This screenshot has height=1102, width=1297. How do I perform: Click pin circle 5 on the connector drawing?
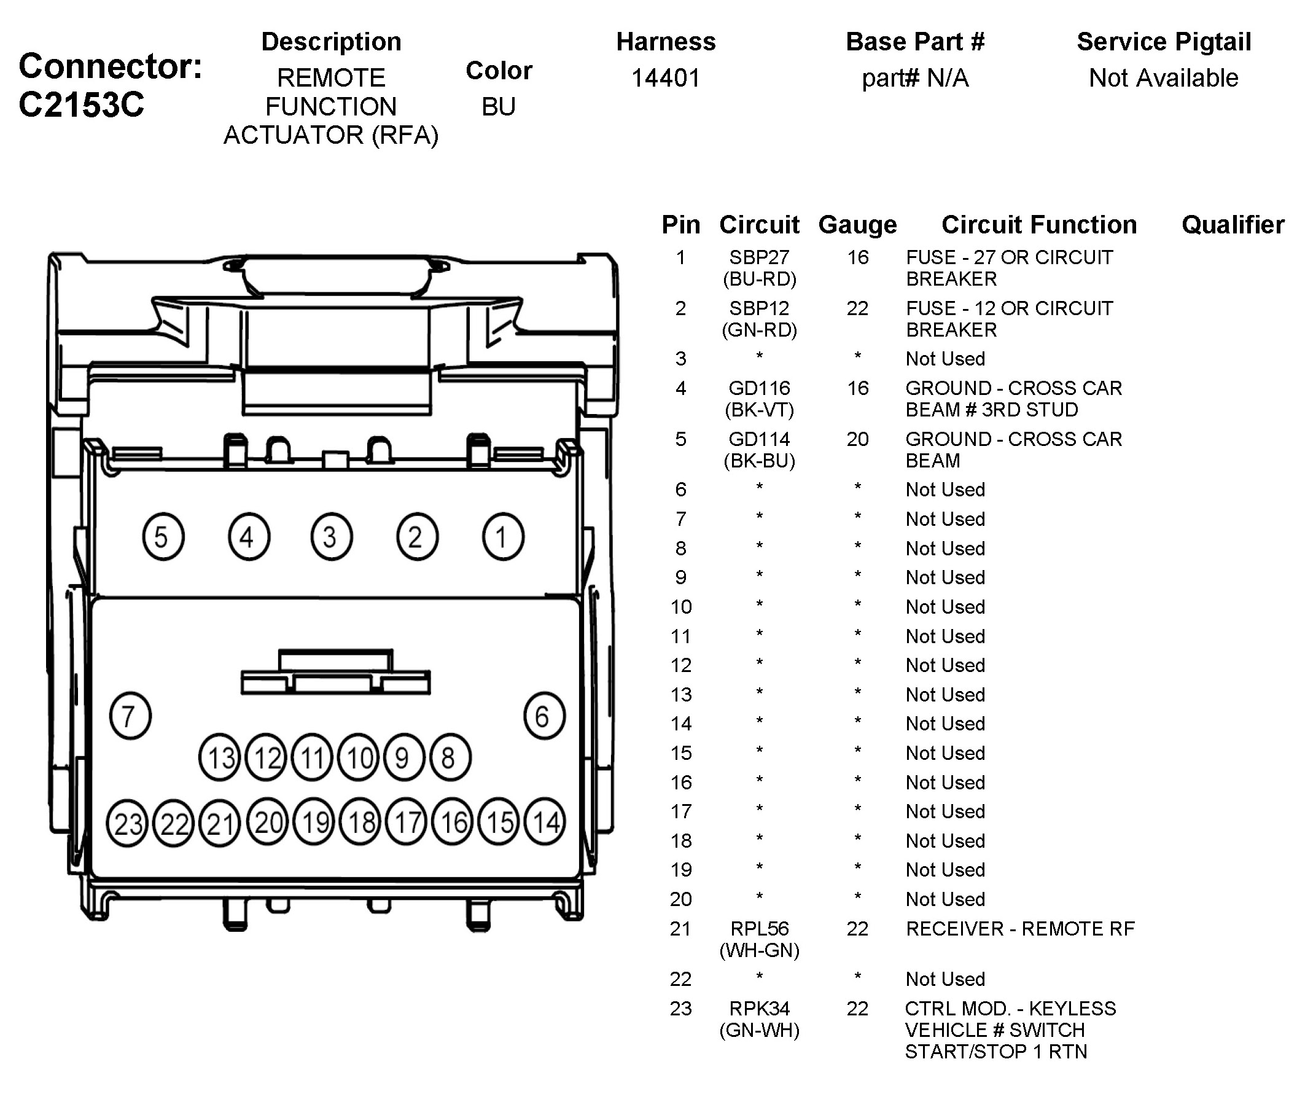point(163,537)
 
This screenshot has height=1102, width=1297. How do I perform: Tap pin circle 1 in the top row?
point(503,537)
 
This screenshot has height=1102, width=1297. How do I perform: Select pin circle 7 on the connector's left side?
point(130,716)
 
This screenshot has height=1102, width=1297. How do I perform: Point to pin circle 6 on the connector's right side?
point(544,716)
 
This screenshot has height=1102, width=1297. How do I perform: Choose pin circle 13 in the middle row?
point(220,758)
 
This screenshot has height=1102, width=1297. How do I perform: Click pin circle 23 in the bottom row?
point(127,823)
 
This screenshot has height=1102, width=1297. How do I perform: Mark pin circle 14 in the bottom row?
point(545,822)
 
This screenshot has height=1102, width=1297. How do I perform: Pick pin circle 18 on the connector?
point(361,822)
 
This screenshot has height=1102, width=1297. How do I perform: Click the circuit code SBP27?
point(758,257)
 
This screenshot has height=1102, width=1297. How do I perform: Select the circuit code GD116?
point(758,389)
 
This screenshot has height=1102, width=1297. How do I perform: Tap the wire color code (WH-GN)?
point(758,950)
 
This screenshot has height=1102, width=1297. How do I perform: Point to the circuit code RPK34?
point(758,1008)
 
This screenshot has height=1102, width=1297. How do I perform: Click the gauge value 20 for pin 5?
point(857,439)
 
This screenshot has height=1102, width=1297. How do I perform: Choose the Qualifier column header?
point(1233,225)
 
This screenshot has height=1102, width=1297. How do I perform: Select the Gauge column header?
point(857,225)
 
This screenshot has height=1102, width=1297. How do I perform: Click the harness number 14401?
point(666,78)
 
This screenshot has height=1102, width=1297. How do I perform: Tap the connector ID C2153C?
point(81,104)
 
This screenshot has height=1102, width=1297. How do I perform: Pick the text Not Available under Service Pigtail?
point(1163,78)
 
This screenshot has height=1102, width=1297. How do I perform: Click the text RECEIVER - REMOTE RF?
point(1020,929)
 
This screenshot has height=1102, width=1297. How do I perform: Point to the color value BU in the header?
point(498,107)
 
